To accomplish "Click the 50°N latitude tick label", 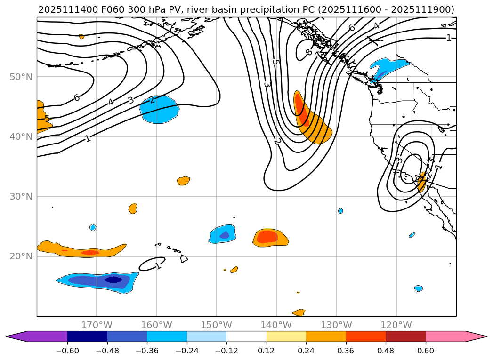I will point(21,77).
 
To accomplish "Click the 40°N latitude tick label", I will point(21,137).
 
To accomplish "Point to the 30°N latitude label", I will point(21,197).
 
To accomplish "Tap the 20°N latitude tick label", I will point(21,256).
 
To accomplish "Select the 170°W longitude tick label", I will point(97,325).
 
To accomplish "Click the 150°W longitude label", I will point(217,325).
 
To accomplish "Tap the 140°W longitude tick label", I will point(276,325).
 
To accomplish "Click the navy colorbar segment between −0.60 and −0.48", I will point(87,336).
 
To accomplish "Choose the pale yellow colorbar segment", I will point(286,336).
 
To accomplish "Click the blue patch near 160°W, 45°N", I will point(159,109).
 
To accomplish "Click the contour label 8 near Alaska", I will point(308,52).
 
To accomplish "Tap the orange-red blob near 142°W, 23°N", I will point(267,237).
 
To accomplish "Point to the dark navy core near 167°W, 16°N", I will point(113,280).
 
